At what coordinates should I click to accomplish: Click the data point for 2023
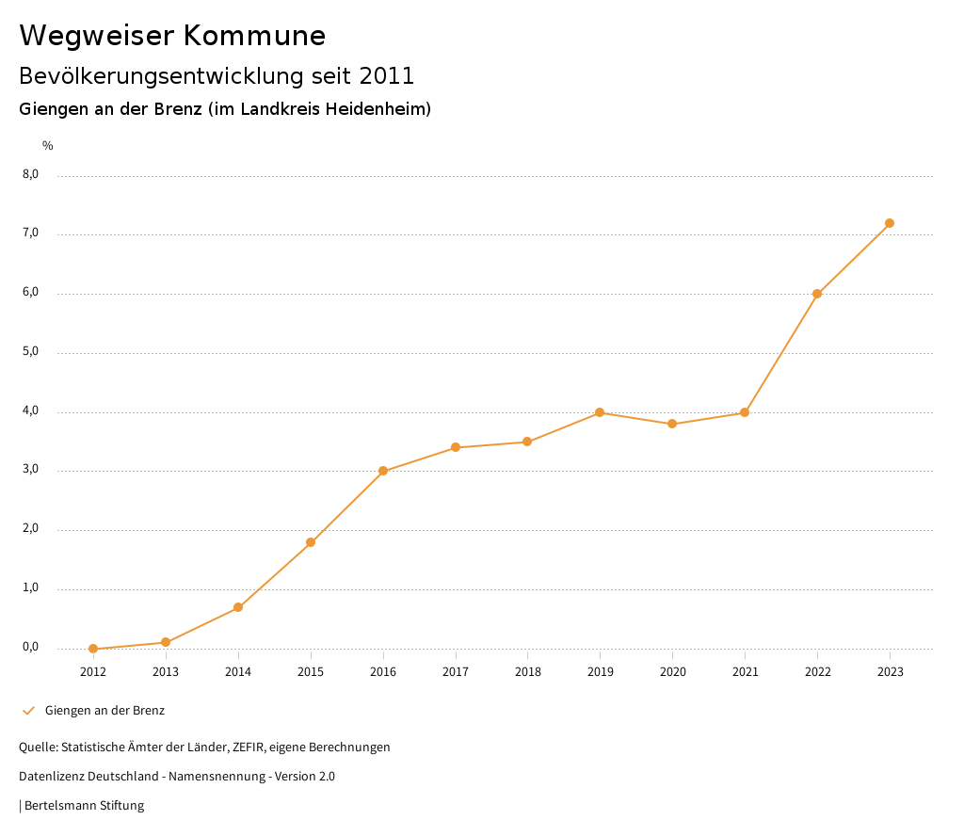click(890, 223)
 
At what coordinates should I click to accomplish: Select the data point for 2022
click(817, 294)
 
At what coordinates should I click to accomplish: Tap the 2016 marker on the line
click(383, 471)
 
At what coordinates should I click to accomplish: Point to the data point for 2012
click(93, 649)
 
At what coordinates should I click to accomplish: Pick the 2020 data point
click(672, 424)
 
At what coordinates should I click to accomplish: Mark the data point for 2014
click(238, 607)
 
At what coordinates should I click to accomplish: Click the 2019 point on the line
click(600, 412)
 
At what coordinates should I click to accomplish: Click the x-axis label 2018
click(527, 672)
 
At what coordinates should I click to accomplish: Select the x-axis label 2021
click(745, 672)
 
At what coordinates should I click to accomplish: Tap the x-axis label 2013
click(166, 672)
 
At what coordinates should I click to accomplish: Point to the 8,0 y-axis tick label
click(31, 174)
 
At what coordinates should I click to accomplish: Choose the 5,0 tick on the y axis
click(31, 352)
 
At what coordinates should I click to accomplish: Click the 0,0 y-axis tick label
click(31, 648)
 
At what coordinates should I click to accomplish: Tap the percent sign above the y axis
click(48, 146)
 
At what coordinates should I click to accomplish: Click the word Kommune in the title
click(255, 36)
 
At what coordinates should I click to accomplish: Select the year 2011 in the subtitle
click(386, 76)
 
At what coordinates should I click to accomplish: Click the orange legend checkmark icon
click(28, 711)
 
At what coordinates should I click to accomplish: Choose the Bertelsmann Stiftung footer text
click(84, 806)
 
